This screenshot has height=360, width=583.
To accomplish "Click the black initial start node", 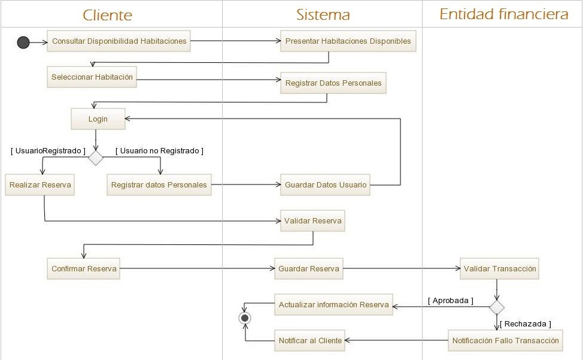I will [x=23, y=42].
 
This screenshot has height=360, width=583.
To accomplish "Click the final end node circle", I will [x=244, y=318].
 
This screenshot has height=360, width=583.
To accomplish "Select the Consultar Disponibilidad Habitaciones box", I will [x=119, y=41].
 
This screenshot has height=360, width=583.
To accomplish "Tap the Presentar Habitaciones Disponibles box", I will [x=348, y=41].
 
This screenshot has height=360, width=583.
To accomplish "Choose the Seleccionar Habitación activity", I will [x=92, y=77].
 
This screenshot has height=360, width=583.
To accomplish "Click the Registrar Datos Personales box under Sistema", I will [x=333, y=83].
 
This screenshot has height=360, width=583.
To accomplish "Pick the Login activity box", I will [x=98, y=119].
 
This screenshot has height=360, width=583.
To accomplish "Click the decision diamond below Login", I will [x=96, y=158].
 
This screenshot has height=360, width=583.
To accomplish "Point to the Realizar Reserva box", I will [x=40, y=184].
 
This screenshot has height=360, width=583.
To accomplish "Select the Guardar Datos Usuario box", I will [x=326, y=184].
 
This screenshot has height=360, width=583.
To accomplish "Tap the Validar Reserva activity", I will [x=313, y=221].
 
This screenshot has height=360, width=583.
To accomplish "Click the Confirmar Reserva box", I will [x=84, y=269].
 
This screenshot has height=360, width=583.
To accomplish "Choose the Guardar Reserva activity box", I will [x=309, y=269].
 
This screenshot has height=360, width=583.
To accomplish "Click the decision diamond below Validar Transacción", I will [x=496, y=307].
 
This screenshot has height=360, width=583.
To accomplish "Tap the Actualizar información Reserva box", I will [x=333, y=304].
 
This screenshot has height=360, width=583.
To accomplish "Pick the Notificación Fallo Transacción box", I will [x=506, y=340].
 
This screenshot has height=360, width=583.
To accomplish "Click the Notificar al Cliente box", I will [x=310, y=340].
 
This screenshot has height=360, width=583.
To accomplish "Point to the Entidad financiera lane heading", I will [x=503, y=14].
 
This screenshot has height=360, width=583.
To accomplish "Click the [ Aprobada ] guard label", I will [x=450, y=300].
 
